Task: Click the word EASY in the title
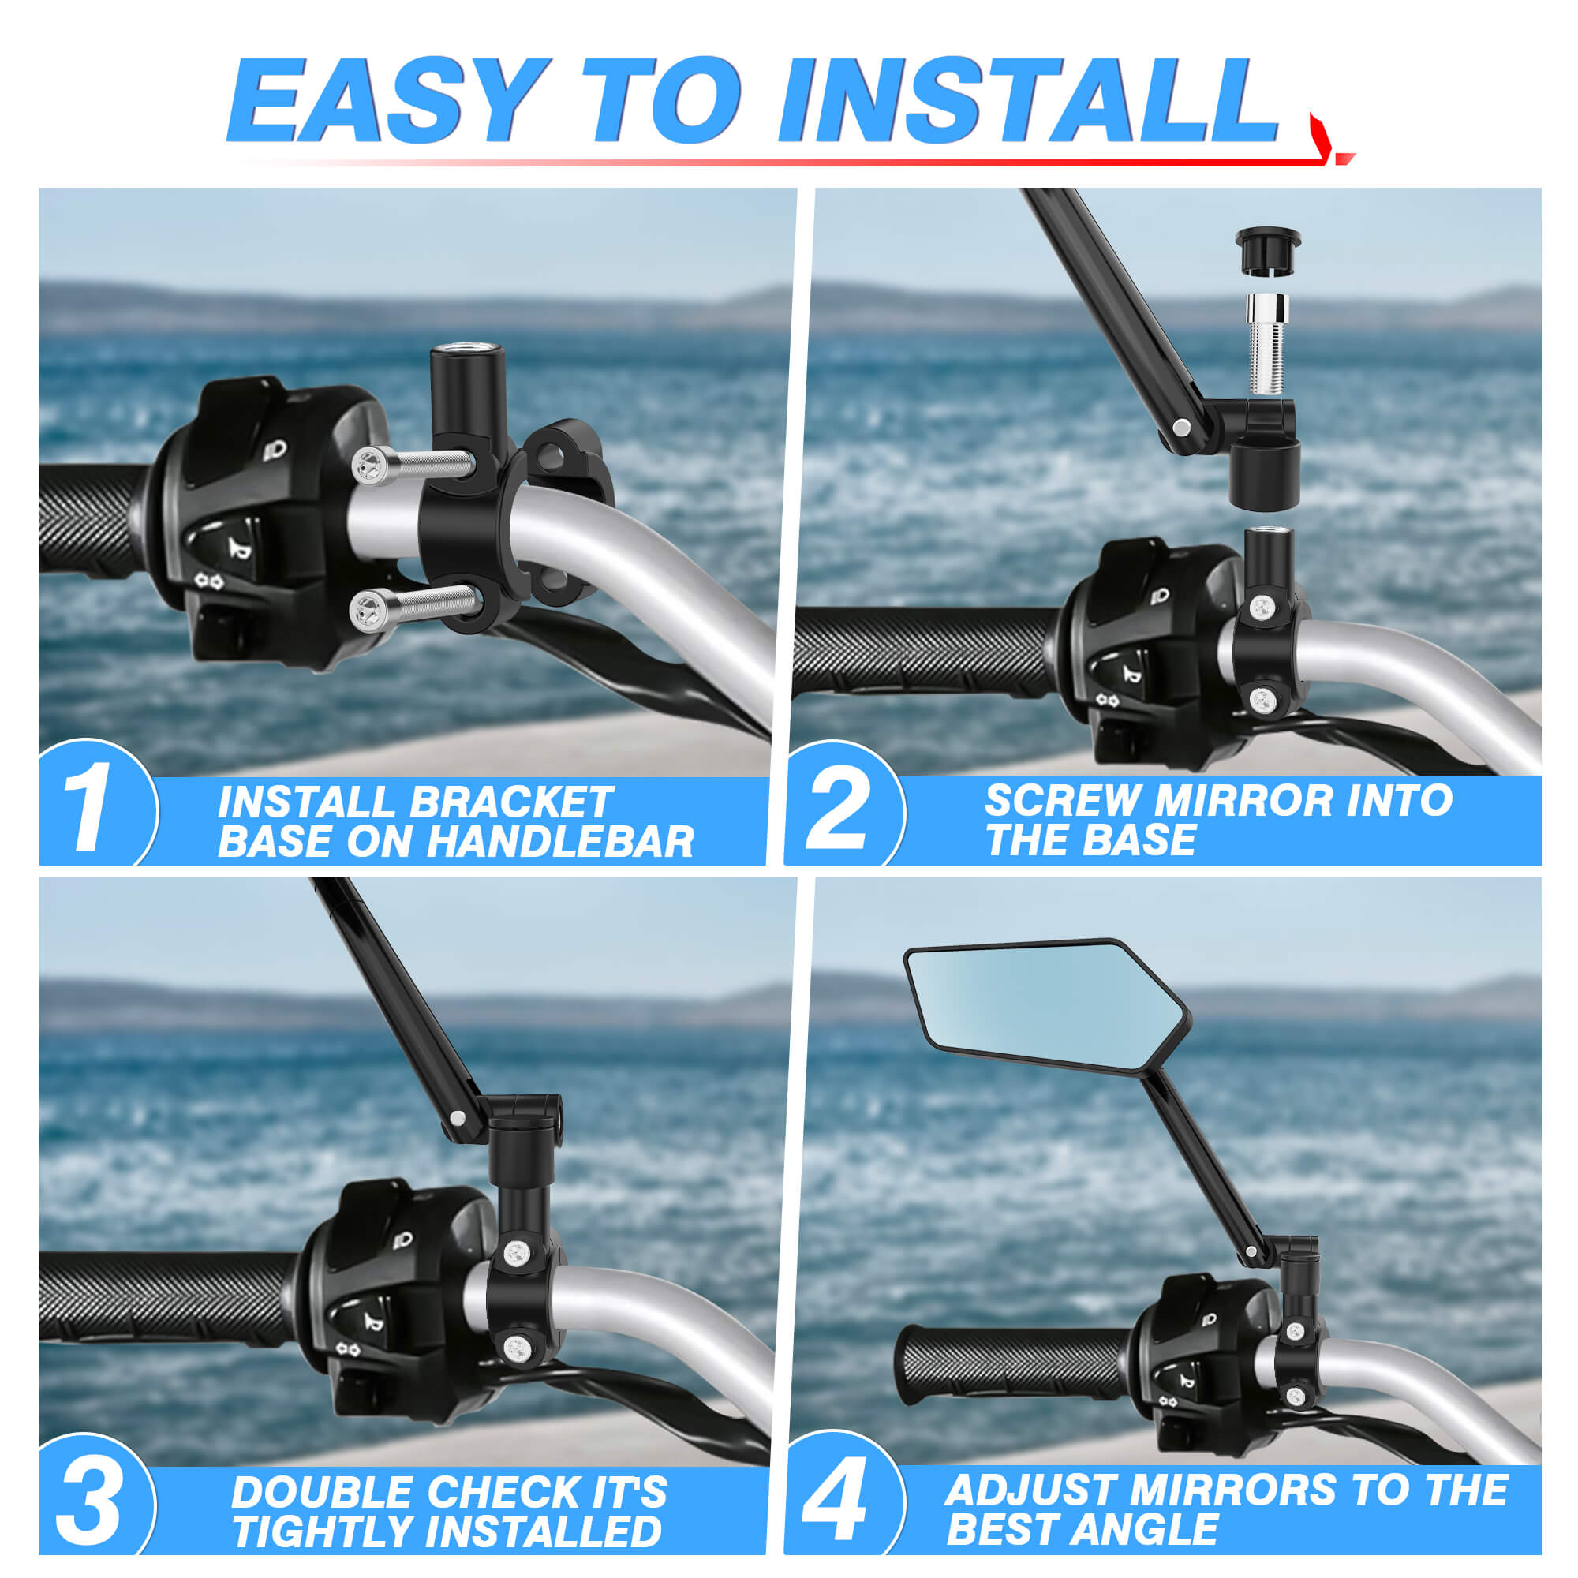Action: [387, 100]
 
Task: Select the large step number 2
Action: [837, 811]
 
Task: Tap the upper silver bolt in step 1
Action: [413, 466]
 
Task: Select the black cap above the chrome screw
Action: [1268, 250]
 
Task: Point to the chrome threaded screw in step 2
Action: [1267, 344]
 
